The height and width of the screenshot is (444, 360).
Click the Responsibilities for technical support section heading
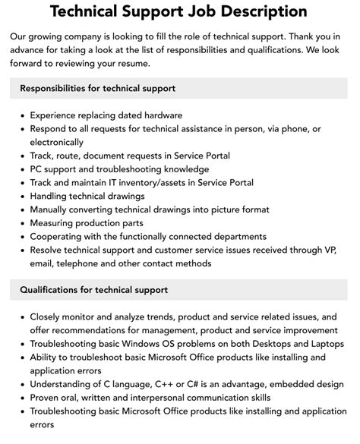(98, 88)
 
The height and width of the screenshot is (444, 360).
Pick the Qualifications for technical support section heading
(94, 289)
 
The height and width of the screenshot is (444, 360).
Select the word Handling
(49, 196)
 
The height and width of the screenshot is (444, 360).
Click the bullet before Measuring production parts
(18, 223)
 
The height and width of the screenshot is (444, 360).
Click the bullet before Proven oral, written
(18, 398)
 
